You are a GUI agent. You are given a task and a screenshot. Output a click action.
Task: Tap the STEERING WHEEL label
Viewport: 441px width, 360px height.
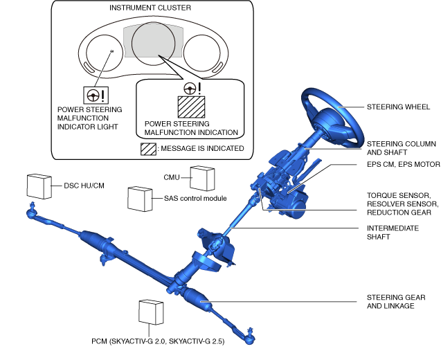(x=398, y=107)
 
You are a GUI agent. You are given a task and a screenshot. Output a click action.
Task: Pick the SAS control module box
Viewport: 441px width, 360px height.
(x=141, y=199)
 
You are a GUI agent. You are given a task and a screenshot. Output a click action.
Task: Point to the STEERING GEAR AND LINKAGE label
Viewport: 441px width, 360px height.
(x=395, y=301)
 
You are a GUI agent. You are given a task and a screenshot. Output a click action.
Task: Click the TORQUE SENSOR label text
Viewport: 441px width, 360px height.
(x=402, y=195)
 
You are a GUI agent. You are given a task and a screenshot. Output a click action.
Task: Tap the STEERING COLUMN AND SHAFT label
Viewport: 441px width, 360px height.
(x=401, y=147)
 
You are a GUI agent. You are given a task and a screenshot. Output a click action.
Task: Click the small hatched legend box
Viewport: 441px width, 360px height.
(x=147, y=148)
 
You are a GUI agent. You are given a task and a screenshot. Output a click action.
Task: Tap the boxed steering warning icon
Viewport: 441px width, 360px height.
(x=91, y=96)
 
